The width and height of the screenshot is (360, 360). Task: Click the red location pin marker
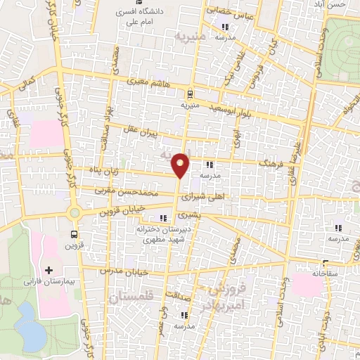181,164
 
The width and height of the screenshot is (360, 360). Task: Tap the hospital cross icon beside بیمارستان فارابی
48,269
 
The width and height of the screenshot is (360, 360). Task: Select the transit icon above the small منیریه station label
188,94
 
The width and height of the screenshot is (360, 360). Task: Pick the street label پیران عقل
162,133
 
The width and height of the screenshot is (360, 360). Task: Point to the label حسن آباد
333,4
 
